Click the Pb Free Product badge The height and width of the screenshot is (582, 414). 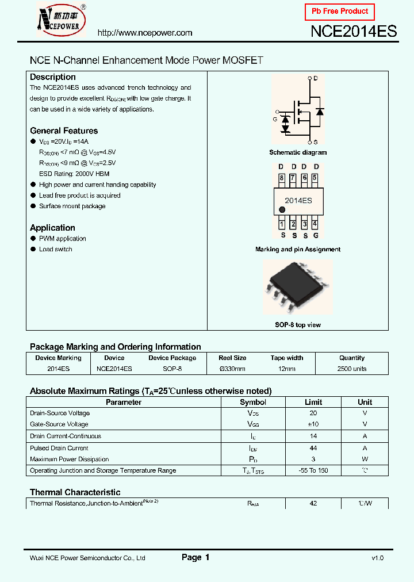340,12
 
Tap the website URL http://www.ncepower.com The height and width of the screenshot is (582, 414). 144,33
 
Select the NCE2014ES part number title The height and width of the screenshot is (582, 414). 354,32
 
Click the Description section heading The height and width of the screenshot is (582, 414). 53,77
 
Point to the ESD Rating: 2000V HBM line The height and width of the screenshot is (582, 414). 74,174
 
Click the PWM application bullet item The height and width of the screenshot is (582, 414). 63,239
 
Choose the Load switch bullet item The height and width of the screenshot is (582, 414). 56,250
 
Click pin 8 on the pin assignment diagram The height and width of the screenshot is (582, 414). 282,178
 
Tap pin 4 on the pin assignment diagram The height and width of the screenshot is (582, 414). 315,224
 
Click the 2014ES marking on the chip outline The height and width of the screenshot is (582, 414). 298,201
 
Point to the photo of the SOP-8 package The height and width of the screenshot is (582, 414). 297,289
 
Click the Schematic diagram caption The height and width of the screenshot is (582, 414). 298,152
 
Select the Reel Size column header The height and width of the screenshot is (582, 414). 232,358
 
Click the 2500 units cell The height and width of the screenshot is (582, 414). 352,369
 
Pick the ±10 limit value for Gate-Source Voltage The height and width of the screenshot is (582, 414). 313,424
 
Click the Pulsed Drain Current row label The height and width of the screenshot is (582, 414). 59,448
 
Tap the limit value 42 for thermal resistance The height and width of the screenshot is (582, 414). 313,503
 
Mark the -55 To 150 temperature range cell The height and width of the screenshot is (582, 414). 313,470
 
